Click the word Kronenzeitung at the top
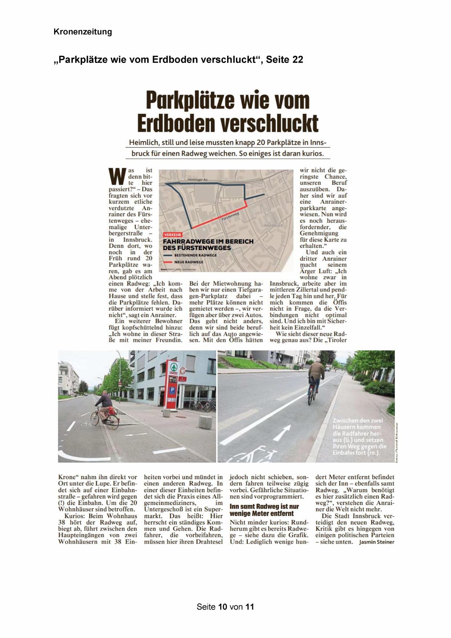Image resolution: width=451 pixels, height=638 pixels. (82, 32)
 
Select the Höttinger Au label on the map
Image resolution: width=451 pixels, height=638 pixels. (197, 180)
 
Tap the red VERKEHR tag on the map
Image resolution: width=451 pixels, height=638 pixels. (173, 235)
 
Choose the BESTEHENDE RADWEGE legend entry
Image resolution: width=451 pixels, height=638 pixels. (195, 255)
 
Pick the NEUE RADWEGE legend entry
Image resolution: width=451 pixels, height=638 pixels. (188, 262)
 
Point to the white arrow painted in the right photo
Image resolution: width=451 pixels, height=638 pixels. (282, 433)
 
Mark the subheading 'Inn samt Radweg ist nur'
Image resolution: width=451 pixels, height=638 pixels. (264, 506)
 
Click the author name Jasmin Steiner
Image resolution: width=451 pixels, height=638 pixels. (376, 542)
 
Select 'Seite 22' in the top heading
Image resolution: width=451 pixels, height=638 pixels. (285, 60)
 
